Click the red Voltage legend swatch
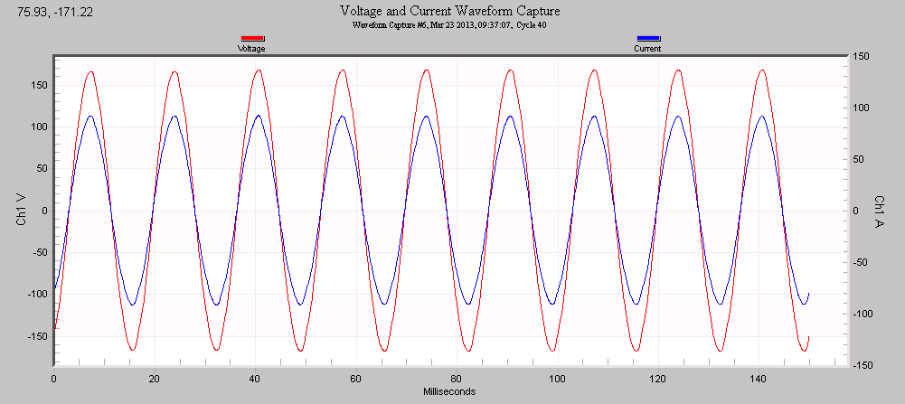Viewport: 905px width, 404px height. [x=251, y=39]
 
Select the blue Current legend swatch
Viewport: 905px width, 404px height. [x=648, y=39]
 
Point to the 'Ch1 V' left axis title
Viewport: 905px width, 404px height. [x=21, y=210]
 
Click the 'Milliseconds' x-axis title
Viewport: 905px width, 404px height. [x=449, y=391]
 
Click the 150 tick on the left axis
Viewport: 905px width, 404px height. [x=38, y=84]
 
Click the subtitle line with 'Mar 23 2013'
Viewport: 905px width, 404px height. [x=449, y=24]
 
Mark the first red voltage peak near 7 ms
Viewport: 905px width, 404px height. [x=90, y=70]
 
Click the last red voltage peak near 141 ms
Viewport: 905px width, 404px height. [x=762, y=70]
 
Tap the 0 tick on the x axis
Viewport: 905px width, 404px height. [x=54, y=379]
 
